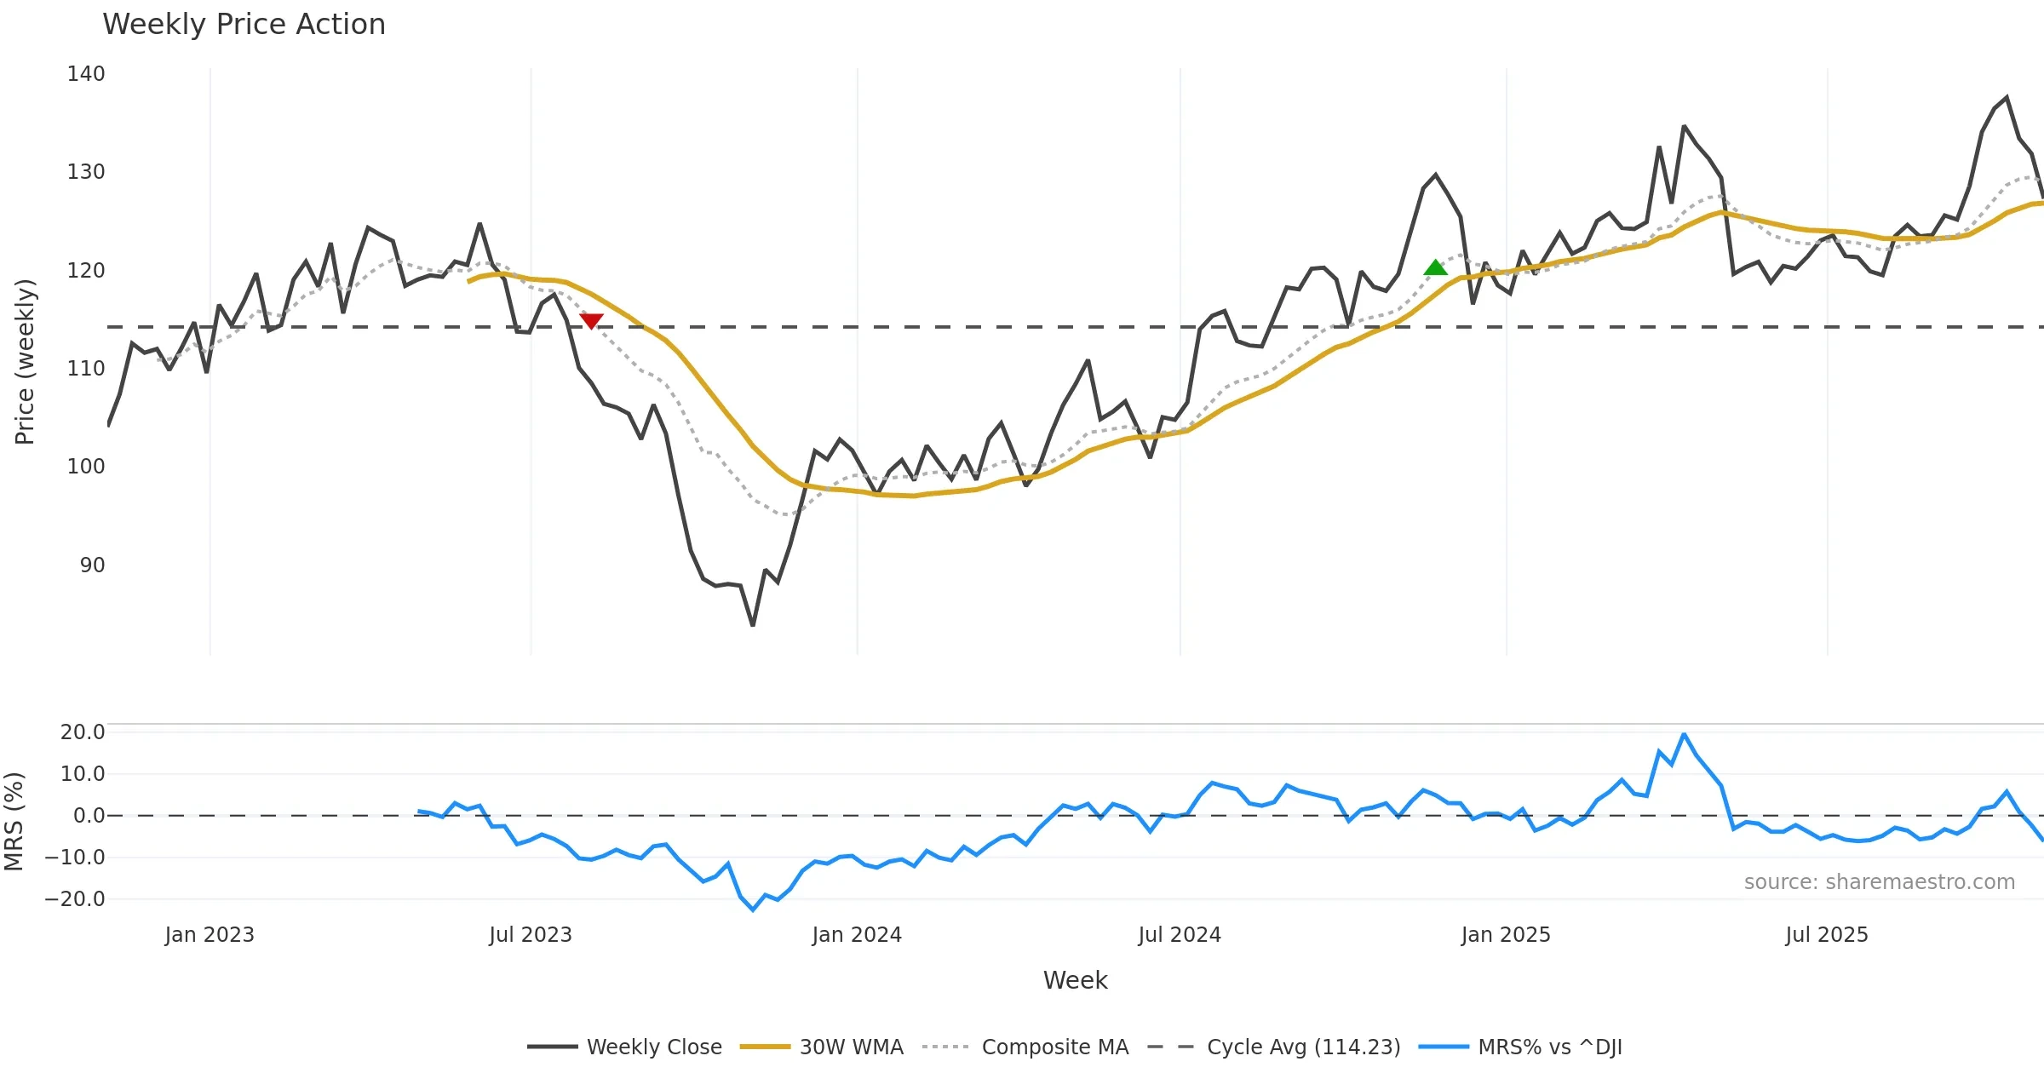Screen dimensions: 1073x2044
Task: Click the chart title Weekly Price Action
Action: coord(244,25)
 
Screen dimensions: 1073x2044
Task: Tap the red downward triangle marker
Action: coord(591,320)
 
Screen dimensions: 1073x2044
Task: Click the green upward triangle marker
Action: coord(1435,267)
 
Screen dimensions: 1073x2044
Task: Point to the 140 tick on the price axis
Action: coord(86,74)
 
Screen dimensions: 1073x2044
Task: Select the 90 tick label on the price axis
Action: coord(92,565)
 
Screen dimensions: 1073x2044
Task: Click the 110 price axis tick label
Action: coord(86,369)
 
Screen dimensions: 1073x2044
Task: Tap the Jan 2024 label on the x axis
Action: coord(857,935)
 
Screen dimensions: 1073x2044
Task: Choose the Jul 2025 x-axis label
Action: coord(1827,935)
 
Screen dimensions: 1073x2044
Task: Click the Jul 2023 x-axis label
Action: coord(531,935)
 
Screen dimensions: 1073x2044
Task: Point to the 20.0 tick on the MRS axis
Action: coord(83,732)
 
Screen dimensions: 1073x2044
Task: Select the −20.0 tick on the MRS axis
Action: coord(75,899)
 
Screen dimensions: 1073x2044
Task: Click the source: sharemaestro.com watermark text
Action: coord(1879,882)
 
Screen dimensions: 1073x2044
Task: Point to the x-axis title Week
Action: coord(1075,981)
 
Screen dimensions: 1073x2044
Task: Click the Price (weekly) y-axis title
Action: coord(26,362)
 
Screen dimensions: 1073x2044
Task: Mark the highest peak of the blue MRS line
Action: coord(1684,734)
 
